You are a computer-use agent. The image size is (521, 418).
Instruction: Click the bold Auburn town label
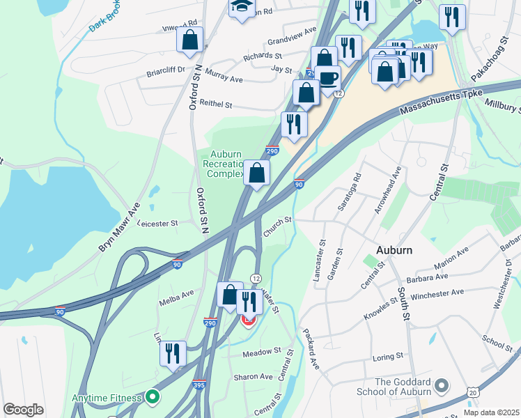(x=394, y=250)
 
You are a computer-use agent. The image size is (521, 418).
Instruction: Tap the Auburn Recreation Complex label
(x=223, y=163)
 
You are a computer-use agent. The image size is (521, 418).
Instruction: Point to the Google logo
(x=23, y=410)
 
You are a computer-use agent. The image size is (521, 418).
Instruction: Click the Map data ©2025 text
(x=491, y=412)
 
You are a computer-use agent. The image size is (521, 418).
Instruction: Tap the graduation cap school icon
(x=241, y=6)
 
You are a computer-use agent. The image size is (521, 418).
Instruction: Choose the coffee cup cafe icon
(x=328, y=77)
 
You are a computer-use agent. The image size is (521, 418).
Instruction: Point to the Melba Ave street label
(x=177, y=294)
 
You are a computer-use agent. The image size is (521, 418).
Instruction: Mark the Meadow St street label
(x=261, y=353)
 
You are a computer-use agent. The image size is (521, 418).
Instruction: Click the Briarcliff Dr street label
(x=165, y=70)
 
